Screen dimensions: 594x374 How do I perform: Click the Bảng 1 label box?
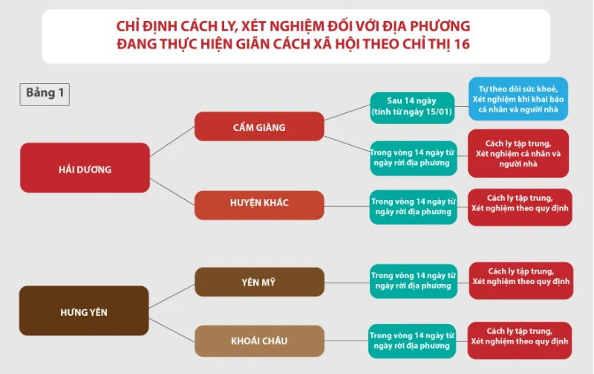coord(45,94)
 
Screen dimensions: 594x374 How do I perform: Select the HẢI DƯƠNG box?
coord(85,167)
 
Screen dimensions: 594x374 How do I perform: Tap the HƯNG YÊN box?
coord(84,311)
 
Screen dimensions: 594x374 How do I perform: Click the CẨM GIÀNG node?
coord(259,126)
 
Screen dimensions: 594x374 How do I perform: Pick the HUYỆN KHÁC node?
coord(259,205)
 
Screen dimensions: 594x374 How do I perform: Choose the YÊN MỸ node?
coord(259,282)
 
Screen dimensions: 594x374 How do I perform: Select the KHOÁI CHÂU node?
coord(259,341)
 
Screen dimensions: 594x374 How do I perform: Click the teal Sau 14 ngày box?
coord(412,108)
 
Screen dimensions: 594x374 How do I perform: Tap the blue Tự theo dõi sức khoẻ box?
coord(518,99)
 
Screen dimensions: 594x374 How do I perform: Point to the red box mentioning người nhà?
coord(518,153)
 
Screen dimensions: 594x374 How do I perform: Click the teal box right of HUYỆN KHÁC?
coord(414,207)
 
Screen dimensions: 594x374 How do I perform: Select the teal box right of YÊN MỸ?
coord(414,281)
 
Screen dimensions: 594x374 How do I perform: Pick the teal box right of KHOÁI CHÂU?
coord(412,341)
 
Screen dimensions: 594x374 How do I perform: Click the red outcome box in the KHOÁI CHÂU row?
coord(519,341)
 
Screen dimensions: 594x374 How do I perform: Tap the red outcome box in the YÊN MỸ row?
coord(521,281)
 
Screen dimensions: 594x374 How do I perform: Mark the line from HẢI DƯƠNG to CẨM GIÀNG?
coord(172,141)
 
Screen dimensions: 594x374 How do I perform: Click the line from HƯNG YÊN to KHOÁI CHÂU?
coord(172,330)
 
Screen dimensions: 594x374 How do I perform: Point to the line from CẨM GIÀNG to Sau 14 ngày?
coord(347,112)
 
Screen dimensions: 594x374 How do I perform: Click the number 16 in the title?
coord(461,44)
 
